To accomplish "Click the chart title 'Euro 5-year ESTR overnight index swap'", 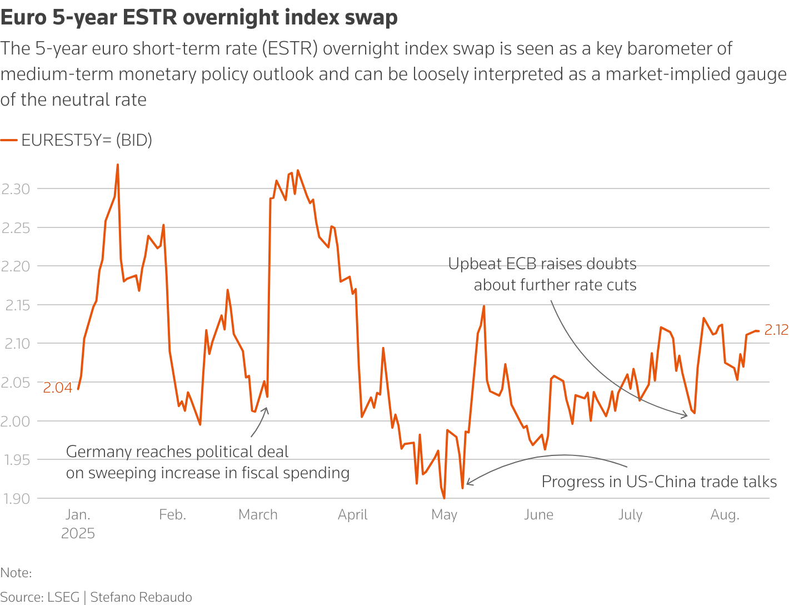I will [199, 18].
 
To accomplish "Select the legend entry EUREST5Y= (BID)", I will [86, 140].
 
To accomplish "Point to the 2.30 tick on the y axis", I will [16, 189].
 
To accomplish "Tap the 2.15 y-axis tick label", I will [16, 305].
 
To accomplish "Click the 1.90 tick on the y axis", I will [16, 499].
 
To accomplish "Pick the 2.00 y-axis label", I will [16, 421].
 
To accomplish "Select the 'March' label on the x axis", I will [258, 515].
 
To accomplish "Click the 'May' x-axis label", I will [444, 515].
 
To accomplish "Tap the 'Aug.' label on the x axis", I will [725, 515].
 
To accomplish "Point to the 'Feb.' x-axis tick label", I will [172, 515].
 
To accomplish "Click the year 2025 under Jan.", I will [78, 534].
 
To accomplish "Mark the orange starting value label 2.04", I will [58, 388].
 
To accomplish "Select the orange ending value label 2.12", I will [776, 330].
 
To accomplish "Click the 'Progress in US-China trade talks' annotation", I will [659, 482].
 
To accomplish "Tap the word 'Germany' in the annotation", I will [98, 452].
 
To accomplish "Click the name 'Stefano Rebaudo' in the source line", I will [141, 597].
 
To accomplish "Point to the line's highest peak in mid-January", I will [118, 165].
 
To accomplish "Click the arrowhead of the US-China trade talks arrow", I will [468, 483].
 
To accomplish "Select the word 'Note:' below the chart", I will [16, 573].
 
